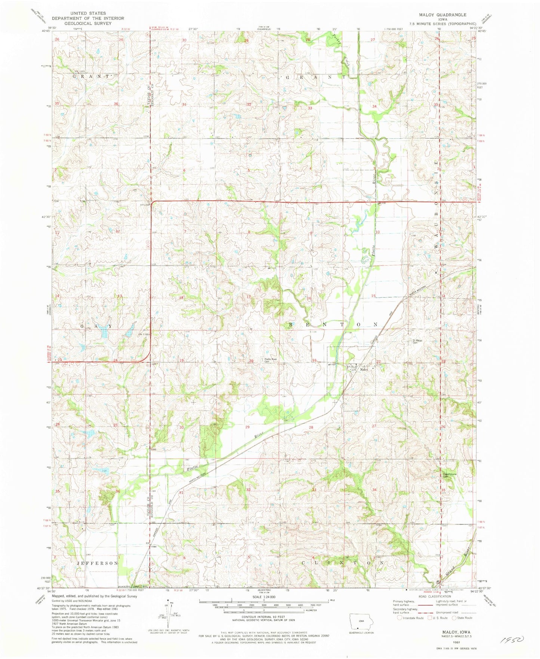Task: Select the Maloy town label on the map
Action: click(x=364, y=370)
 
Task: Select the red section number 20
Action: click(x=251, y=361)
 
